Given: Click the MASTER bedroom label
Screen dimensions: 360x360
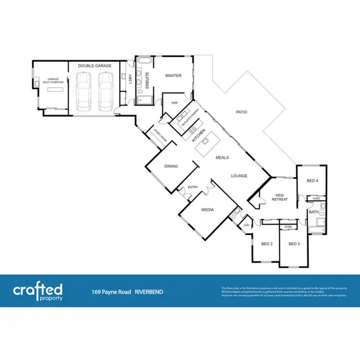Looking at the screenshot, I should click(x=173, y=75).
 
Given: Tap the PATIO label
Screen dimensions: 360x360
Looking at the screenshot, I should click(x=241, y=112).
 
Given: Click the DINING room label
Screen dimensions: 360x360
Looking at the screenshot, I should click(x=171, y=167).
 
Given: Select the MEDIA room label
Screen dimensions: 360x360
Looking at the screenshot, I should click(x=208, y=210).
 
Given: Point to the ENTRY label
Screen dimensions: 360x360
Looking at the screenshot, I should click(x=193, y=187).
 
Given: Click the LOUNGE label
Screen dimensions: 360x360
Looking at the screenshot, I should click(x=239, y=176).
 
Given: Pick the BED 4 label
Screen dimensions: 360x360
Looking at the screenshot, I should click(x=312, y=180).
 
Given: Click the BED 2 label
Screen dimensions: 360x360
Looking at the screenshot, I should click(x=267, y=244).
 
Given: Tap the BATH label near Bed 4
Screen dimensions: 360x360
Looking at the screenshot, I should click(x=314, y=212).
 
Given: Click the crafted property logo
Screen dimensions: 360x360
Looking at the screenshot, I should click(x=37, y=291).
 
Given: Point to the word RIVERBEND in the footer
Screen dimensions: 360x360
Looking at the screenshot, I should click(x=149, y=291).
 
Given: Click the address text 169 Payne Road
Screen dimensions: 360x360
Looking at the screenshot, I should click(x=111, y=291).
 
